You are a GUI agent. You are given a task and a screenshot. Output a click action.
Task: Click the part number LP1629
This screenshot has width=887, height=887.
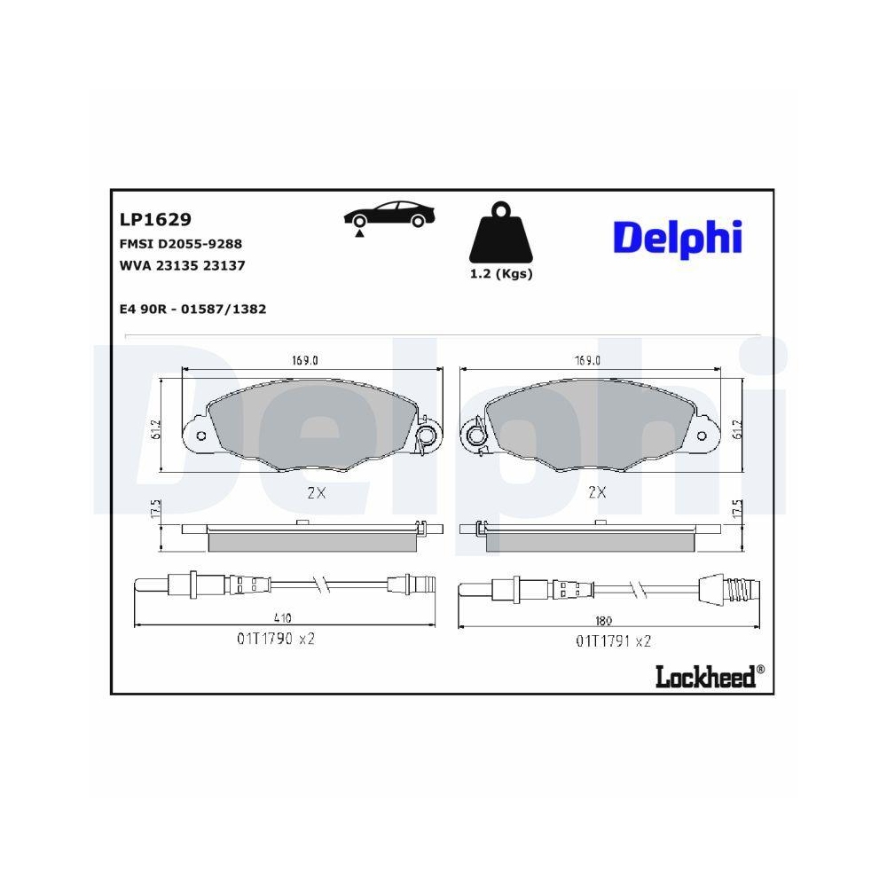point(155,219)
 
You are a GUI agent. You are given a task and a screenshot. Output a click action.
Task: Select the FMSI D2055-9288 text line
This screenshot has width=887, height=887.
point(180,243)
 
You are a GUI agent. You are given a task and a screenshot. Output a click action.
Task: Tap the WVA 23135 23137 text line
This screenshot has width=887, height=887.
point(181,265)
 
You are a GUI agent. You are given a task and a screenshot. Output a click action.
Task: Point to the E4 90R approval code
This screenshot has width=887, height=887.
point(192,310)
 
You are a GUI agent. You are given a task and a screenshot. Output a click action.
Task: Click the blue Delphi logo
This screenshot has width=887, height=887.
point(677,237)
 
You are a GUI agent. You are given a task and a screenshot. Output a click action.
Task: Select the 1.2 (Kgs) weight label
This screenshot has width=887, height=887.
point(501,274)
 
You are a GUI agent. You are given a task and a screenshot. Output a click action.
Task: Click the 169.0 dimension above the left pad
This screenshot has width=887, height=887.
point(304,360)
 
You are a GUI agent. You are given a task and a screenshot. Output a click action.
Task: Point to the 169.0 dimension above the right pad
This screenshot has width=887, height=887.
point(587,360)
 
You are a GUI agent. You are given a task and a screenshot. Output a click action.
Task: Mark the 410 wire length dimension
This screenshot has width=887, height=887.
point(282,618)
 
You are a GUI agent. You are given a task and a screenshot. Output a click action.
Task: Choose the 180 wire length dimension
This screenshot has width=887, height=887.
point(604,620)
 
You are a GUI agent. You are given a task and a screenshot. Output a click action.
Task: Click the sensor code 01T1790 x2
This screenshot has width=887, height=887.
point(275,639)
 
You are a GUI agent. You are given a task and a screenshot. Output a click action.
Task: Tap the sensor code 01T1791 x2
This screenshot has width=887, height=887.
point(614,640)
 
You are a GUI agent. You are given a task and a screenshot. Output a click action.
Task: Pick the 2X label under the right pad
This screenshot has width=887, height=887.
point(597,493)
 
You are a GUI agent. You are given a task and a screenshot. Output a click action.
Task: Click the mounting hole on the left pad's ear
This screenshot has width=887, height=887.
point(200,436)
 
